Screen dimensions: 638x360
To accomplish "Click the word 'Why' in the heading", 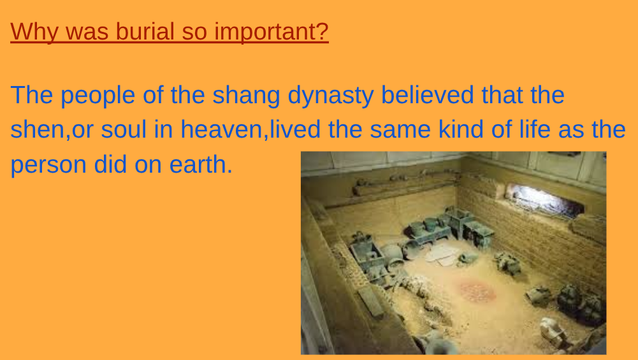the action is [34, 32].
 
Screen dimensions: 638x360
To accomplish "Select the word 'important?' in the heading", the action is [272, 32].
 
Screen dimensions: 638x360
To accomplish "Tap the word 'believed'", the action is [427, 95].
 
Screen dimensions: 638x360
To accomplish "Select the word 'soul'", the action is [123, 129].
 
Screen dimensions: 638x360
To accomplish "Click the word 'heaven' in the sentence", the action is [221, 129].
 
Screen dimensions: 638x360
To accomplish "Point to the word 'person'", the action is [48, 165].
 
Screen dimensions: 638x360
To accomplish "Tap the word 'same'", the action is [400, 130].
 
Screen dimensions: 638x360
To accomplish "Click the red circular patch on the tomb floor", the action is [477, 291].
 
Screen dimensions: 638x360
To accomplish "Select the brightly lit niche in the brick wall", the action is [545, 201].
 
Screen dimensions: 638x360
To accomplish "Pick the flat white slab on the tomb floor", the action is [442, 254].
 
